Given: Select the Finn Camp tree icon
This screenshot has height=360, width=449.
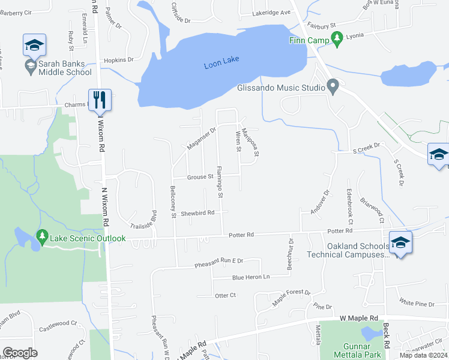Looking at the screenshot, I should point(337,38).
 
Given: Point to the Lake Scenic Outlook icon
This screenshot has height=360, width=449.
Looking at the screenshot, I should point(41,238).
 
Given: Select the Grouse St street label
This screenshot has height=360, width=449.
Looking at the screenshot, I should point(200,177).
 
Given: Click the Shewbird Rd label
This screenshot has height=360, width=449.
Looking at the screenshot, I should point(197,213).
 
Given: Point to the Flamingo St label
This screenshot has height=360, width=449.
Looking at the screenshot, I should point(220,182).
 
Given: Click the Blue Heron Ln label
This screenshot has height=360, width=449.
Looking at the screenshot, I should point(251,278).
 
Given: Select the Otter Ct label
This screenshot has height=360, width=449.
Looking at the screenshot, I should point(225,295).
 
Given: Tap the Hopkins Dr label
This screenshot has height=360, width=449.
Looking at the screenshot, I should point(118,60).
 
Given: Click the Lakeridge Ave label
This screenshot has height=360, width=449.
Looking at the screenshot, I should point(271,12).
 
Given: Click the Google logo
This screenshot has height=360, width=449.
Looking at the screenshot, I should point(20,353).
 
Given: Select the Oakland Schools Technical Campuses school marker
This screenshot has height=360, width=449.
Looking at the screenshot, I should point(400,243).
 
